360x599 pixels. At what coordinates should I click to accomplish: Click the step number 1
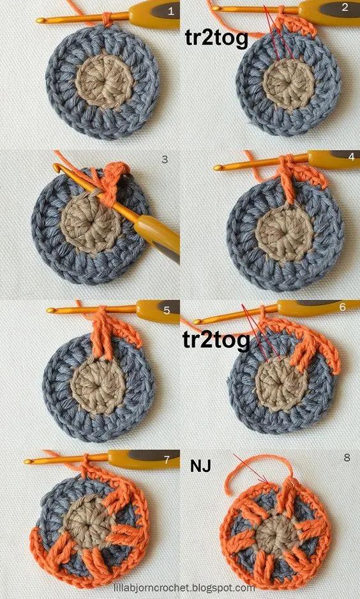(171, 11)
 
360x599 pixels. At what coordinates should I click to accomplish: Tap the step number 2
(345, 7)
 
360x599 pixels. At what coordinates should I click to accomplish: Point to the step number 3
(165, 160)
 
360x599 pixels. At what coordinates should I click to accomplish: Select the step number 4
(352, 156)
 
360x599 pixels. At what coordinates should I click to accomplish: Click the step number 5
(167, 310)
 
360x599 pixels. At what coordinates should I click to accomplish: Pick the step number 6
(342, 307)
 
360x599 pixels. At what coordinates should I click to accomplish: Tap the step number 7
(167, 460)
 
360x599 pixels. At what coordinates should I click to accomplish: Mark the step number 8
(347, 458)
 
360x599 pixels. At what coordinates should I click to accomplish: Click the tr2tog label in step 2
(216, 38)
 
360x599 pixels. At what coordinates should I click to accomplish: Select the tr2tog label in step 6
(216, 340)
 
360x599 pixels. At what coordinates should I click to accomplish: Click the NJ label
(201, 466)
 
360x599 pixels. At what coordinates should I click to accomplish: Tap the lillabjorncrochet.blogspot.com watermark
(184, 588)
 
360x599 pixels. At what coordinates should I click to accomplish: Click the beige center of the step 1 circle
(104, 81)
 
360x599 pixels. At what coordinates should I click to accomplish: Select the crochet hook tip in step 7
(27, 462)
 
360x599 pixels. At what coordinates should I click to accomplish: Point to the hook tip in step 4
(217, 168)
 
